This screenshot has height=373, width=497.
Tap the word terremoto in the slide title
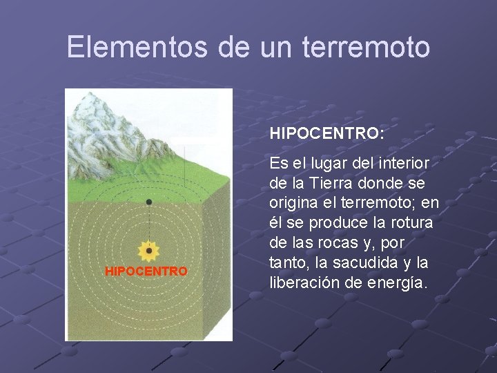[x=379, y=47]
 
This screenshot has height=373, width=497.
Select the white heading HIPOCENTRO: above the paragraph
[x=327, y=133]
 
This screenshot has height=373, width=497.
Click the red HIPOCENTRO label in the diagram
[x=146, y=271]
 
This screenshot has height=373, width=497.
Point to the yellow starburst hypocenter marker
[x=148, y=251]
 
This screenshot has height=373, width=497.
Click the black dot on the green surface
[x=148, y=202]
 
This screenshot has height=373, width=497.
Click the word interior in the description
[x=405, y=164]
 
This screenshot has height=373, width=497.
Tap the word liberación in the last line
[x=301, y=283]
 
